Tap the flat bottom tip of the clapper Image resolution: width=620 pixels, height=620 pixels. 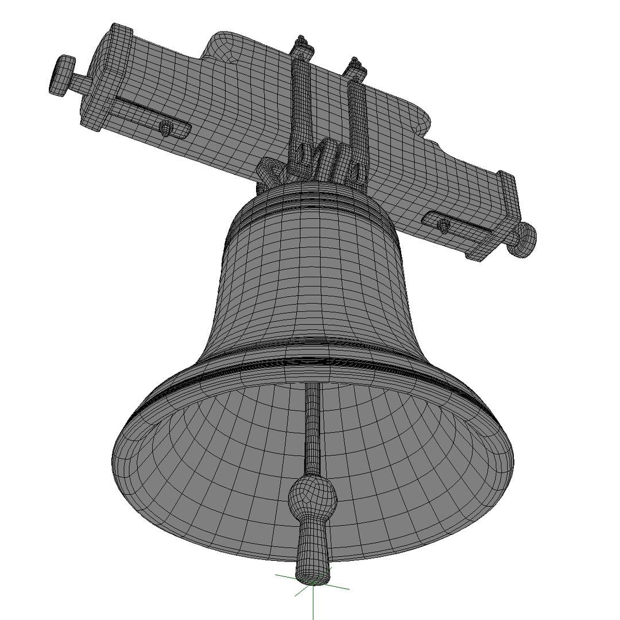coord(313,572)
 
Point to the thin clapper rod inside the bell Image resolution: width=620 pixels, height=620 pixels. coord(312,425)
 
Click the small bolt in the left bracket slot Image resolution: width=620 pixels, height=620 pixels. coord(165,127)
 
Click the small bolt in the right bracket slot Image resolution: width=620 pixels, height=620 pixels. coord(443,224)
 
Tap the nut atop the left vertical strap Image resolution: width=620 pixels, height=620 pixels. coord(301,44)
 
